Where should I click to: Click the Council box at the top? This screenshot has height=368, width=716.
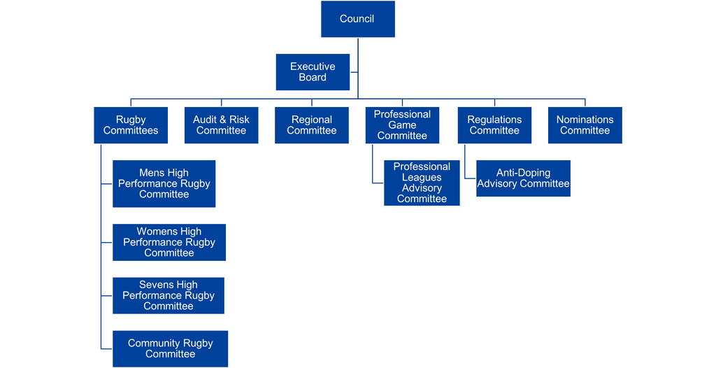(357, 19)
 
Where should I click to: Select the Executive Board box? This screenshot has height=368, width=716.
(313, 72)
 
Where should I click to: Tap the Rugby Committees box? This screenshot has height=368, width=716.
(131, 125)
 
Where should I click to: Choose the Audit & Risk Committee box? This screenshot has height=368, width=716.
(221, 125)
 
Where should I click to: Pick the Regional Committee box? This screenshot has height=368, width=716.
(311, 125)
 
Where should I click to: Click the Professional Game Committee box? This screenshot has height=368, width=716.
(402, 125)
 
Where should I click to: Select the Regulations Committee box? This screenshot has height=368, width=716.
(494, 125)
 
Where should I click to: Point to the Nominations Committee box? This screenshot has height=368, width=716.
(585, 125)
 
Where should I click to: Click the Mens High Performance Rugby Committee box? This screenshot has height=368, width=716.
(164, 183)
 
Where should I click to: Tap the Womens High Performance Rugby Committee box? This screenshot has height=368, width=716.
(169, 242)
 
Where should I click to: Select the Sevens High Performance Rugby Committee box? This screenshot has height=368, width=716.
(169, 295)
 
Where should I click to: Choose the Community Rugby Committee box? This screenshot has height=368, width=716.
(170, 348)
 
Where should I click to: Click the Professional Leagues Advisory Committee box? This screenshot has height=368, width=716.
(422, 183)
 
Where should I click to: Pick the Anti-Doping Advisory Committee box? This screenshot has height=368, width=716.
(523, 178)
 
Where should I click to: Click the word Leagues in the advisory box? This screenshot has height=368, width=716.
(422, 178)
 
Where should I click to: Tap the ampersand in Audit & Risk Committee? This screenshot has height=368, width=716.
(222, 120)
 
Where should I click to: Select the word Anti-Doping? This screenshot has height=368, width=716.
(523, 173)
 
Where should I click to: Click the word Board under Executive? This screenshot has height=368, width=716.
(313, 78)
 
